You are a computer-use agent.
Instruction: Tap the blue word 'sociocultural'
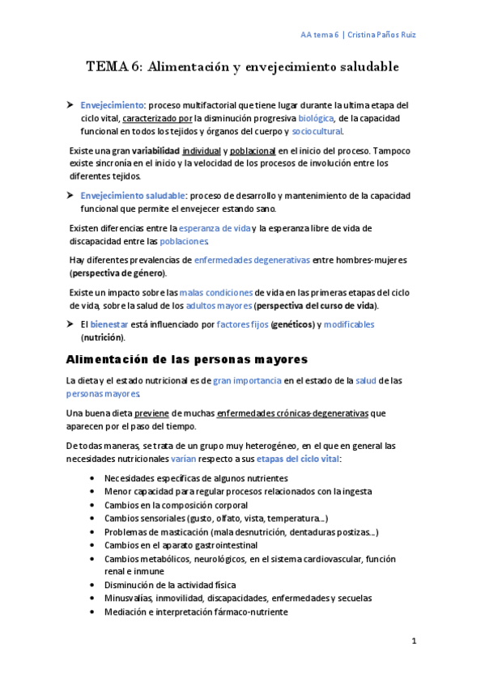(317, 131)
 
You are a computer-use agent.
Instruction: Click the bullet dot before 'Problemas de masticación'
(96, 532)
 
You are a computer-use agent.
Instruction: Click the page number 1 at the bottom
(413, 642)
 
